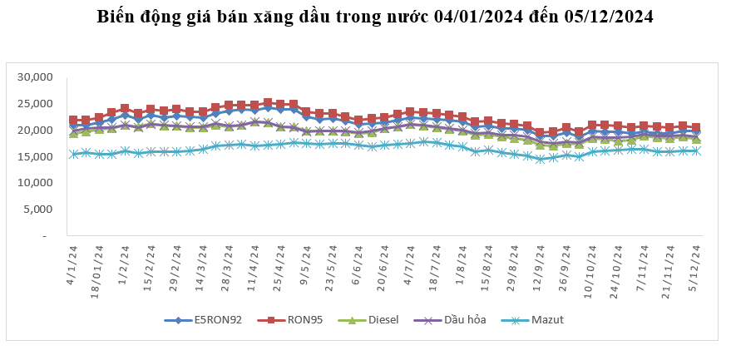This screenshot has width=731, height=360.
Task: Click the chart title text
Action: tap(374, 17)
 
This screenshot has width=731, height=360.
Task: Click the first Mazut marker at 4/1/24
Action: tap(73, 154)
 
